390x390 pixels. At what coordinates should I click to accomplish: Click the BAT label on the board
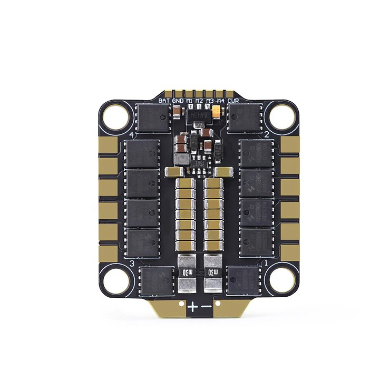pos(164,100)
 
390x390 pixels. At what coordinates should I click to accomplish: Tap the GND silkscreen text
pos(178,100)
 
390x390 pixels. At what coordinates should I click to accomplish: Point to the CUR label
pos(233,100)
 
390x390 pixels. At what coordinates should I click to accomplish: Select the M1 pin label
pos(189,100)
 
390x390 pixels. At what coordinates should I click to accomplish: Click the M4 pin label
pos(220,100)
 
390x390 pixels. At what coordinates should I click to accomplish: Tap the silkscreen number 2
pos(267,135)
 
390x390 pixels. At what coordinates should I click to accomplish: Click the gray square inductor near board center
pos(183,158)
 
